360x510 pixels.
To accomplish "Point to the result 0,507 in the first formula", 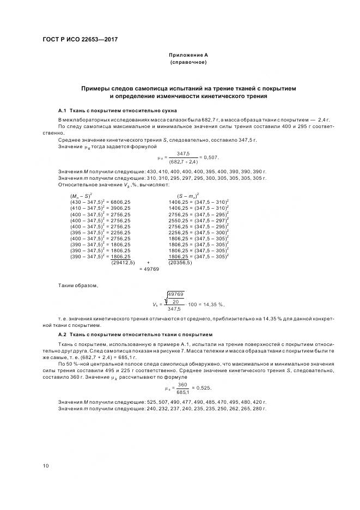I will pos(210,157).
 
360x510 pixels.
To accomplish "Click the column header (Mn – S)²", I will pos(81,196).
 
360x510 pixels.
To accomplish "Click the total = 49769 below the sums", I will pos(149,269).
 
